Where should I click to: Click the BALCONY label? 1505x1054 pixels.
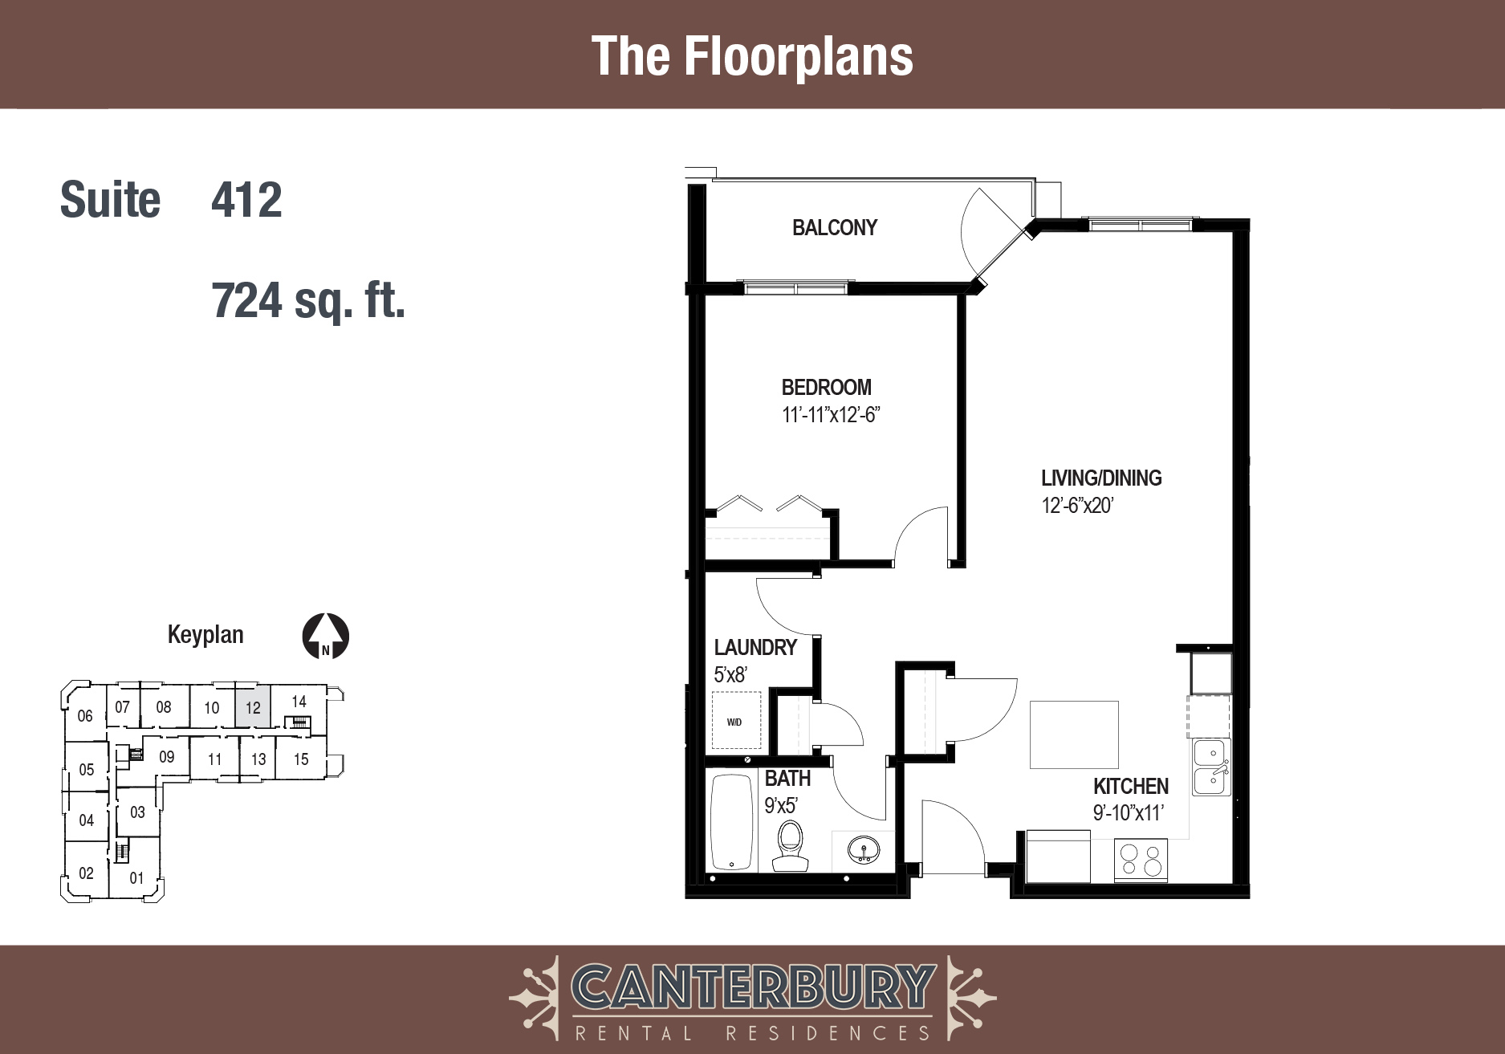pos(834,228)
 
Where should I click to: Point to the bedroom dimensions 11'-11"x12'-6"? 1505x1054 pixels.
pos(831,415)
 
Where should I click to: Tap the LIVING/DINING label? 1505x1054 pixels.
pos(1101,478)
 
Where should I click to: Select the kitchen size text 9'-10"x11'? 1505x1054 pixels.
pos(1128,813)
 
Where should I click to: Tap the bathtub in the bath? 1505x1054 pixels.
pos(731,822)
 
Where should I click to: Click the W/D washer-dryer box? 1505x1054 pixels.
pos(736,722)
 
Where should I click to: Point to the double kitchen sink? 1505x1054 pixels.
pos(1210,767)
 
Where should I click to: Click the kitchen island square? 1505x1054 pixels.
pos(1074,735)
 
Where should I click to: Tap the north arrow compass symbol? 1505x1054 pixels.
pos(325,637)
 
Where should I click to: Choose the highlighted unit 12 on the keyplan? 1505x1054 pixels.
pos(253,706)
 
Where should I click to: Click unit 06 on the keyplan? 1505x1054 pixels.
pos(85,715)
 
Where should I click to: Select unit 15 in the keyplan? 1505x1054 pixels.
pos(301,759)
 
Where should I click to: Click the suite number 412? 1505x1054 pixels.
pos(246,200)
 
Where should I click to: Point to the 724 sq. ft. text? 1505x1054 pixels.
pos(308,301)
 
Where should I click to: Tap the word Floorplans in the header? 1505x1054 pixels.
pos(799,56)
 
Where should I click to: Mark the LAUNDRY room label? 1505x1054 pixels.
pos(755,648)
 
